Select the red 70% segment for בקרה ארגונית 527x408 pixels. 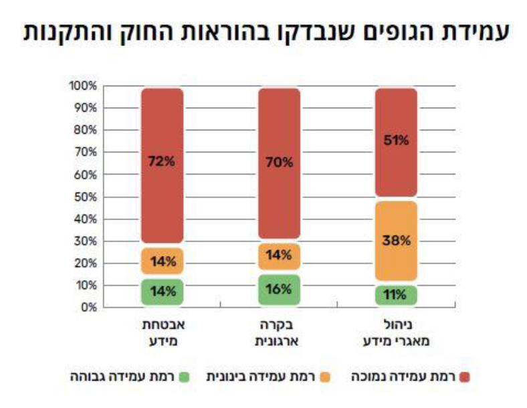279,163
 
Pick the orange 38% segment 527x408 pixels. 396,241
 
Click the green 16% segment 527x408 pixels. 279,289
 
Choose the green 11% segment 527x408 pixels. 396,294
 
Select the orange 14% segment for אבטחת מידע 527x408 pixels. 162,260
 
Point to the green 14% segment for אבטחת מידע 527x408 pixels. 162,291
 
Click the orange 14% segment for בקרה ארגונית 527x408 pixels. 279,256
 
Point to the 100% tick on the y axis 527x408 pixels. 83,86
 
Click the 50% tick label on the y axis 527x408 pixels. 86,197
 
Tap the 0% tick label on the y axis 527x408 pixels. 88,308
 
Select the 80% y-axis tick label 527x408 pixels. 86,130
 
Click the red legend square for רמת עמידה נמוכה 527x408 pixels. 465,377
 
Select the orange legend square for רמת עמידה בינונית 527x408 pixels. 325,377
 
